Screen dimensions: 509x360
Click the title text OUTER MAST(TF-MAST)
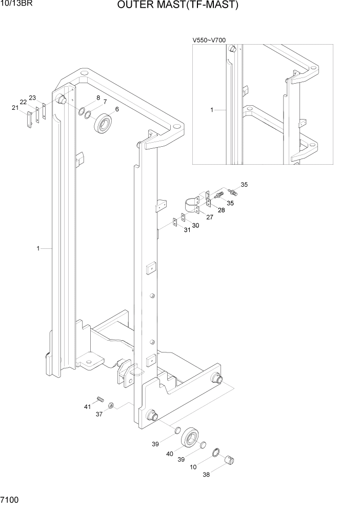(x=178, y=6)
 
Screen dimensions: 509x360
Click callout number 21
(x=15, y=107)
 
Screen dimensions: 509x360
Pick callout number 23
(x=32, y=97)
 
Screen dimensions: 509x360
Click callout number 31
(x=187, y=230)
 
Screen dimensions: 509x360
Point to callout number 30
(x=195, y=225)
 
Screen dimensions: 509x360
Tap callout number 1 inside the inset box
(x=212, y=110)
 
